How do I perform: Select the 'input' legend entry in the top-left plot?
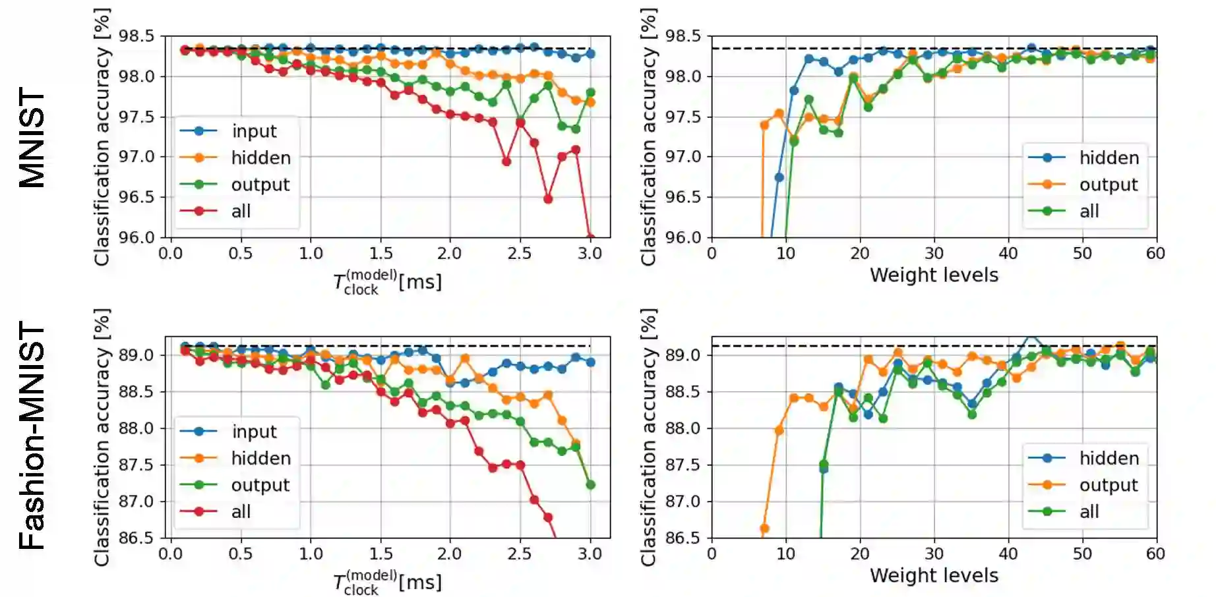[x=254, y=131]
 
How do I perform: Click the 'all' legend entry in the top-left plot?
[x=241, y=212]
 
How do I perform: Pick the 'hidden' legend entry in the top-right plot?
[x=1109, y=158]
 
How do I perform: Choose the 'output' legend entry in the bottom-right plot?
[x=1108, y=486]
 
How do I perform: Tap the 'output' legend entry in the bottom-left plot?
[x=260, y=486]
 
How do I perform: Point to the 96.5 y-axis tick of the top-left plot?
[x=136, y=197]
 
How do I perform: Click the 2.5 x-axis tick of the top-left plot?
[x=520, y=254]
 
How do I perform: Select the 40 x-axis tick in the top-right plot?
[x=1008, y=254]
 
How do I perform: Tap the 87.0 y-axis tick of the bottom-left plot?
[x=136, y=501]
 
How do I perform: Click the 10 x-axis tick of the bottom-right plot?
[x=785, y=554]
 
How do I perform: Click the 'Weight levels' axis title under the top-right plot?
[x=934, y=275]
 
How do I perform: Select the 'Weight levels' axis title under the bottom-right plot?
[x=934, y=576]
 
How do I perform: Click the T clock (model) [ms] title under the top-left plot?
[x=387, y=282]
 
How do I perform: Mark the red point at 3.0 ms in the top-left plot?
[x=590, y=238]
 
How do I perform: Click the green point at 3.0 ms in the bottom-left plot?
[x=590, y=485]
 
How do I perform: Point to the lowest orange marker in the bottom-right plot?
[x=764, y=528]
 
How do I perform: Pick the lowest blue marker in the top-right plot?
[x=779, y=177]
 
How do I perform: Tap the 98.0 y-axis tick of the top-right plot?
[x=683, y=76]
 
